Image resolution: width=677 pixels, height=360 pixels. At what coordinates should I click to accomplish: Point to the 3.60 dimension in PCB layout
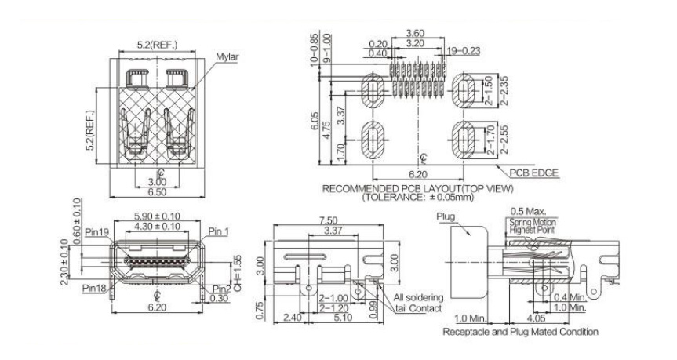pos(416,34)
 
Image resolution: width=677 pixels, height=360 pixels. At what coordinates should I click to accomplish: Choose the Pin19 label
pos(96,232)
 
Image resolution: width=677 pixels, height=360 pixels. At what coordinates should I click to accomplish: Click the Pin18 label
pos(96,287)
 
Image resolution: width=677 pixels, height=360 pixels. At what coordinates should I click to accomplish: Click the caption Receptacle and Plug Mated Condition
pos(522,333)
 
